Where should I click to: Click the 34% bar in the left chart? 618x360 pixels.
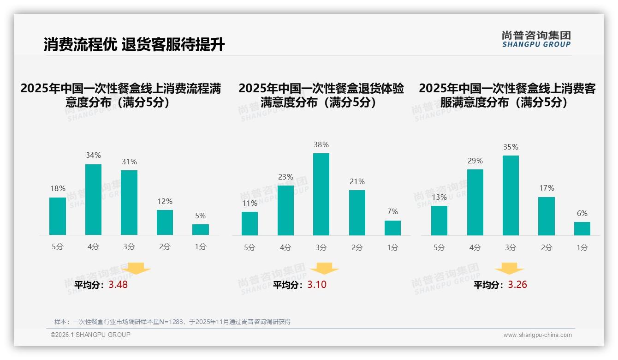pos(93,199)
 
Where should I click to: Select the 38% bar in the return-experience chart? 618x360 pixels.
pos(321,194)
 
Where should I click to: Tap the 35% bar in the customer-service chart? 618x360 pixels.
pos(511,195)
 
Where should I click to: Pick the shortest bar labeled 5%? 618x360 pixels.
pos(201,229)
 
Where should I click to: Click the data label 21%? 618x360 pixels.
pos(357,181)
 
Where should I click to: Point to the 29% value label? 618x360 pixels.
pos(475,161)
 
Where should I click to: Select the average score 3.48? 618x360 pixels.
pos(118,285)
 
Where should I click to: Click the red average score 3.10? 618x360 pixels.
pos(317,285)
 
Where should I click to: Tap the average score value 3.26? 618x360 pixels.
pos(517,285)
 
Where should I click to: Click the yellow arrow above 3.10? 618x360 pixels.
pos(324,268)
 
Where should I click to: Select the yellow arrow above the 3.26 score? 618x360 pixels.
pos(509,268)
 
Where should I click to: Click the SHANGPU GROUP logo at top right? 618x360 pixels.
pos(536,39)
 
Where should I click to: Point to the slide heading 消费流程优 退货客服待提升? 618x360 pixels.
pos(134,45)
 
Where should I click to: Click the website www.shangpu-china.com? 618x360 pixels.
pos(537,335)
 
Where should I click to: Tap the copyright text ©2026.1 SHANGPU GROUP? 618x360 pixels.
pos(90,335)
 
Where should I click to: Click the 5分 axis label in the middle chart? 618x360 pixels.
pos(250,247)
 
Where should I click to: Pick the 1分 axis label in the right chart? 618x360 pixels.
pos(582,247)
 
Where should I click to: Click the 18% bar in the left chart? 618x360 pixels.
pos(58,216)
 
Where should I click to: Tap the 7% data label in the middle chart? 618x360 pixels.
pos(392,211)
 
